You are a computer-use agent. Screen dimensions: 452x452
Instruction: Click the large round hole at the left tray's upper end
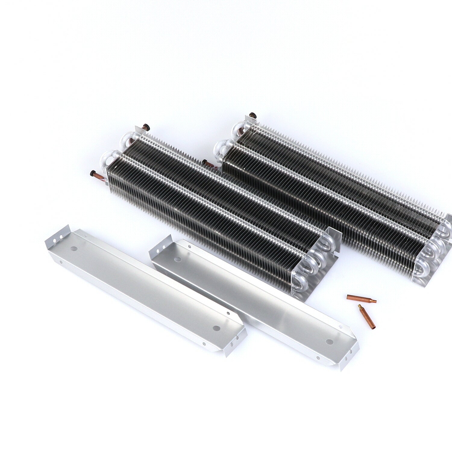(x=73, y=249)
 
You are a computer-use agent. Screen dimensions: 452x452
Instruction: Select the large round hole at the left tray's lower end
(x=215, y=327)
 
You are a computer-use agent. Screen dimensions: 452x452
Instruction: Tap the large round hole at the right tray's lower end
(x=331, y=342)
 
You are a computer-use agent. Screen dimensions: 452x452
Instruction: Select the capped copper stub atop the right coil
(x=252, y=115)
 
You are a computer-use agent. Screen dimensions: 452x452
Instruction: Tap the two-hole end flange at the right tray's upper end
(x=156, y=250)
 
